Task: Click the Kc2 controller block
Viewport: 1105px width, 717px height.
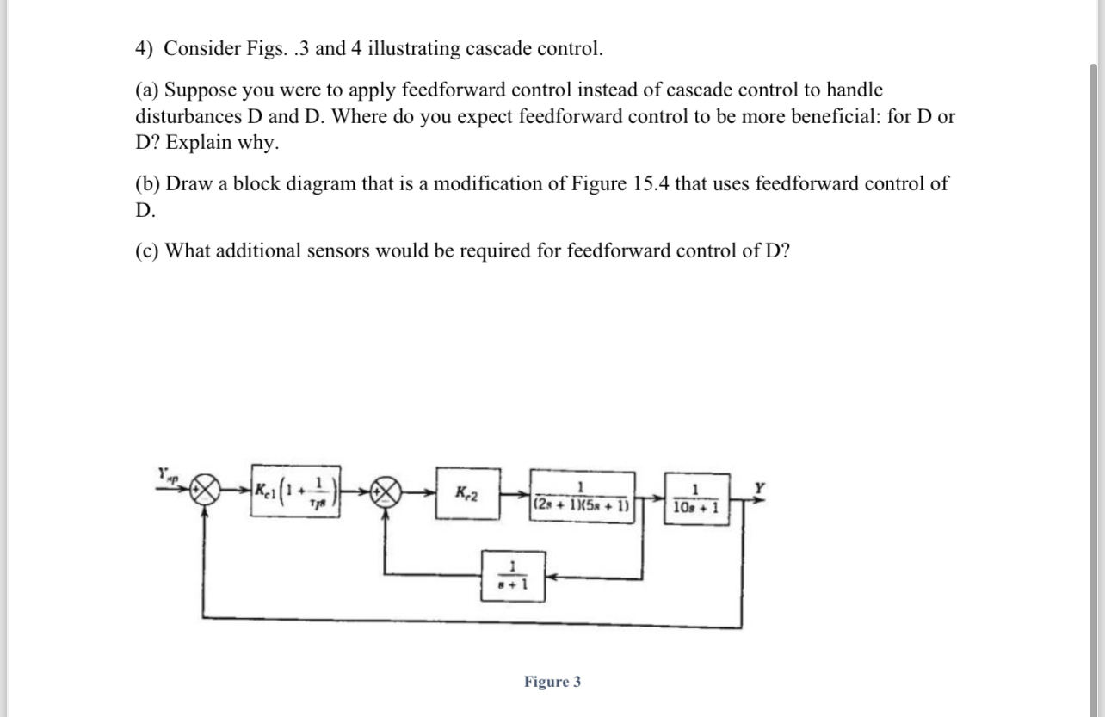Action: pyautogui.click(x=467, y=494)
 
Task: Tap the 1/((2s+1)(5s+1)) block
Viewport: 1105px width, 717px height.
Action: pyautogui.click(x=583, y=495)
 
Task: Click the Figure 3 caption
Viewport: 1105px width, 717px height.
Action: pyautogui.click(x=552, y=682)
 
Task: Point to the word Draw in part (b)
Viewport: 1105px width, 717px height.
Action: pyautogui.click(x=185, y=184)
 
